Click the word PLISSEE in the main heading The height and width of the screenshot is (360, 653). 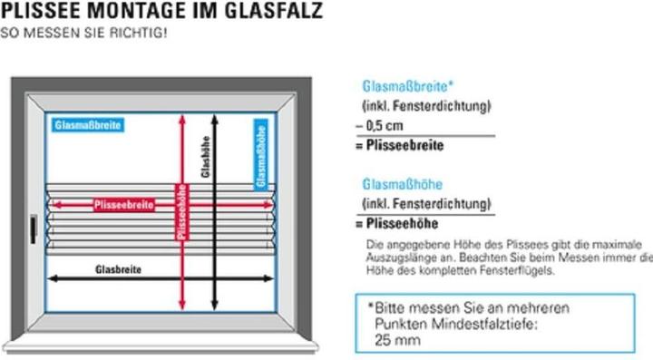pyautogui.click(x=38, y=11)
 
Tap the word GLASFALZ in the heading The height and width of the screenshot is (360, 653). pyautogui.click(x=273, y=11)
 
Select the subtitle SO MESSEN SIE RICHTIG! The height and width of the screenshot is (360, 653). pyautogui.click(x=83, y=33)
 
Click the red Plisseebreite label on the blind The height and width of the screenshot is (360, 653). pyautogui.click(x=124, y=204)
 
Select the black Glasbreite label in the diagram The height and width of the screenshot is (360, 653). pyautogui.click(x=117, y=268)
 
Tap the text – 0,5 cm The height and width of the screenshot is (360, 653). pyautogui.click(x=384, y=126)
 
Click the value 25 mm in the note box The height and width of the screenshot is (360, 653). pyautogui.click(x=397, y=340)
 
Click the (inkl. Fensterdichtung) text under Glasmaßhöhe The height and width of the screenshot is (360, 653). pyautogui.click(x=426, y=203)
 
